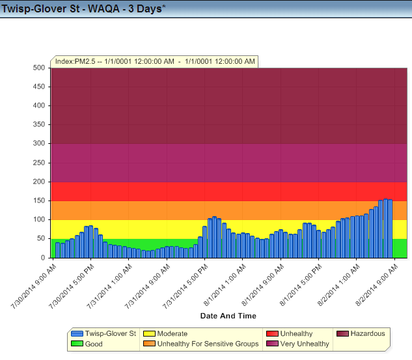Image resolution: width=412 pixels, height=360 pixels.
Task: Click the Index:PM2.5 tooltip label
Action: pos(155,61)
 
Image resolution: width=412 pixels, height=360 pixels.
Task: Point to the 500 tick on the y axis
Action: pos(38,68)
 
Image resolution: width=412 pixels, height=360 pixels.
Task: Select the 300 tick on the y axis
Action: pos(38,144)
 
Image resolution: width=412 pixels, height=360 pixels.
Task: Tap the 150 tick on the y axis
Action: pos(38,201)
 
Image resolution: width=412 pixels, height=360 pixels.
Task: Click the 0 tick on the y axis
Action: pos(42,258)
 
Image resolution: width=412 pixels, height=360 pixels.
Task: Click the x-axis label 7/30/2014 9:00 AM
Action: pos(33,285)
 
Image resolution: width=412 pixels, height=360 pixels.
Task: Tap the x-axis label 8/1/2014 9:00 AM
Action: pos(261,285)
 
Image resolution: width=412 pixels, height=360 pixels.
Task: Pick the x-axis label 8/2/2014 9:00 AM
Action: pos(375,285)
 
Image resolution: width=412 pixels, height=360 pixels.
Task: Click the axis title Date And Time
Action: pos(228,316)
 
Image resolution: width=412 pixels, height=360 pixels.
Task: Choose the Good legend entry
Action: pos(94,344)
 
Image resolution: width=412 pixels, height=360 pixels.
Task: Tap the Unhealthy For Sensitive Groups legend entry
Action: pos(208,344)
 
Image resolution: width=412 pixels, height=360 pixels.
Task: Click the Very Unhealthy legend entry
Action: pos(304,344)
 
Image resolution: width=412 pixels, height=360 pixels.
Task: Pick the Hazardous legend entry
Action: pos(367,333)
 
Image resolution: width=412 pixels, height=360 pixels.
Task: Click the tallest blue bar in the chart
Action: pos(385,228)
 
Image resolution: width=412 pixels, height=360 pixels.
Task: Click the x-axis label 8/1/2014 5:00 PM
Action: pos(299,285)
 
